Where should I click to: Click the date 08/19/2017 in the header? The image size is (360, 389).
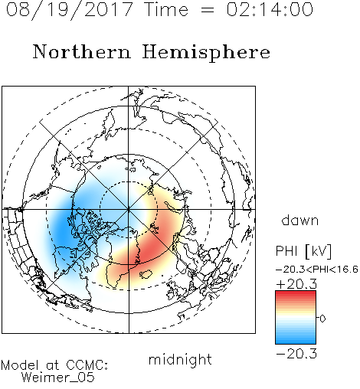(70, 10)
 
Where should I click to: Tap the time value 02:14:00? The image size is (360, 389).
(270, 9)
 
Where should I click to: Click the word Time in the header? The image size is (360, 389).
(166, 9)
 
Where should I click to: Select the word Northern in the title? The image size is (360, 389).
(82, 51)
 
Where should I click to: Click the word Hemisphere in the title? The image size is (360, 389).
(206, 53)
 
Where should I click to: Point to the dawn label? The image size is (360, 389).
(300, 220)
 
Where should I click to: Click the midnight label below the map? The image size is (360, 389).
(180, 359)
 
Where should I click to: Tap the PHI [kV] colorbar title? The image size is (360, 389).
(303, 251)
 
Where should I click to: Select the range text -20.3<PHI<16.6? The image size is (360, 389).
(317, 270)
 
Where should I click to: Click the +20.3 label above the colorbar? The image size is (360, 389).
(296, 284)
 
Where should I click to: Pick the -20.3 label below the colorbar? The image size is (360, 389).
(296, 354)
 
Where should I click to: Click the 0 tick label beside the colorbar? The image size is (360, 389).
(322, 319)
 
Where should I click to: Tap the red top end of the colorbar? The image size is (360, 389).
(296, 293)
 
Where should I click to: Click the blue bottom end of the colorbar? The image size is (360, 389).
(296, 342)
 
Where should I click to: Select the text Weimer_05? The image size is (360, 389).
(58, 378)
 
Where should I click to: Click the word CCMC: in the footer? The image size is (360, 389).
(87, 365)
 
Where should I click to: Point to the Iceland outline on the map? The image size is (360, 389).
(146, 273)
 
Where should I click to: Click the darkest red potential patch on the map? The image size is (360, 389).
(147, 251)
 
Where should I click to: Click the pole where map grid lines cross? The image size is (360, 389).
(129, 209)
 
